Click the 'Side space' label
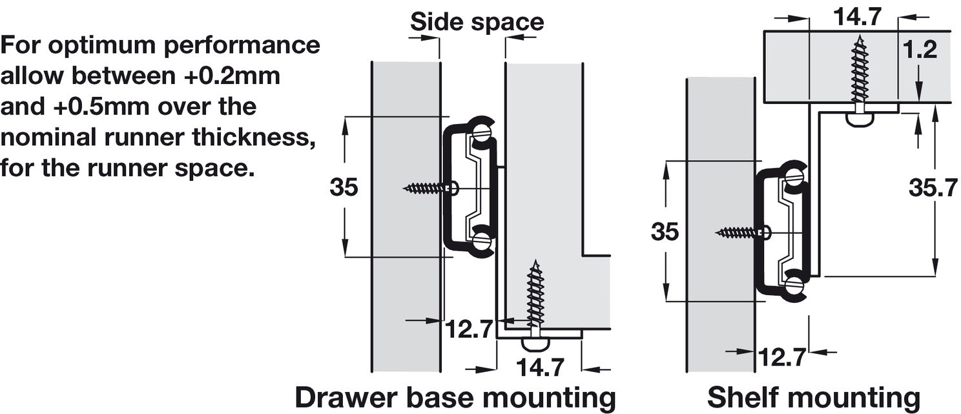477,22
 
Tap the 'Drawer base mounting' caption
455,398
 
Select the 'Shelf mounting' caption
813,398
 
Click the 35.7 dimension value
933,188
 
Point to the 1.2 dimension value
920,50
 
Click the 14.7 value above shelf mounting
856,17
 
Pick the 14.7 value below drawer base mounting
540,367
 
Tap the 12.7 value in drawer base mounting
469,329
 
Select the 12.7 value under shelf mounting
781,357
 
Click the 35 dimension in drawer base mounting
344,187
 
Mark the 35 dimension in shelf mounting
665,231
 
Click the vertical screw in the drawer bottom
535,297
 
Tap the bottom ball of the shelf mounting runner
794,284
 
